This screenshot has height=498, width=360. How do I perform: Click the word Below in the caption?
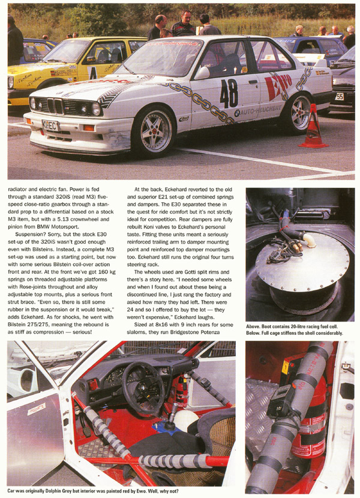tap(256, 333)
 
